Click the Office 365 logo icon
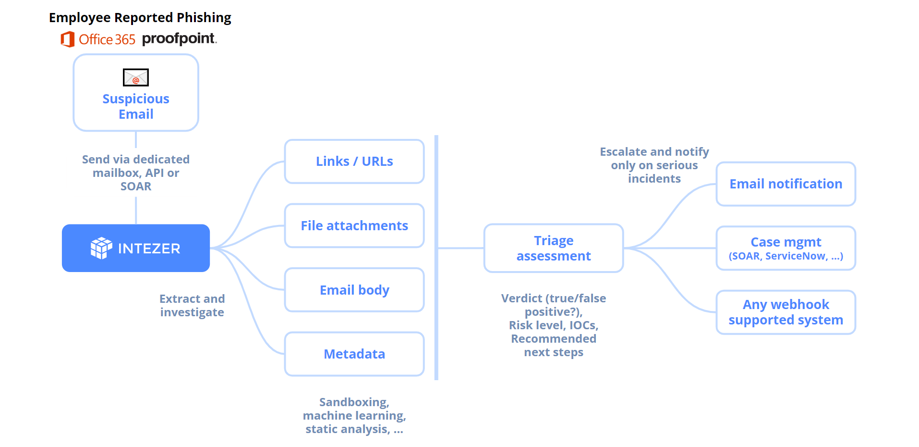point(68,39)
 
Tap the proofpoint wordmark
point(179,38)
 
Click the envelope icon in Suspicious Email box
point(136,77)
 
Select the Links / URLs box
point(354,161)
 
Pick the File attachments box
point(354,225)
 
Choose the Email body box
point(354,290)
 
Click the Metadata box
point(354,354)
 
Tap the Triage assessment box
point(553,248)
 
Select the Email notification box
point(786,184)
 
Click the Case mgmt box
point(786,248)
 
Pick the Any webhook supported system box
point(786,312)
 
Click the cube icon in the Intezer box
point(101,248)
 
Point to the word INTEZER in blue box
point(149,248)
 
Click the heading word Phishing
point(204,18)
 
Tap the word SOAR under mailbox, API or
point(136,186)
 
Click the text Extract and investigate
point(192,305)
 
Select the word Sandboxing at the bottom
point(354,402)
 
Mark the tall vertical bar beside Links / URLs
point(436,258)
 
